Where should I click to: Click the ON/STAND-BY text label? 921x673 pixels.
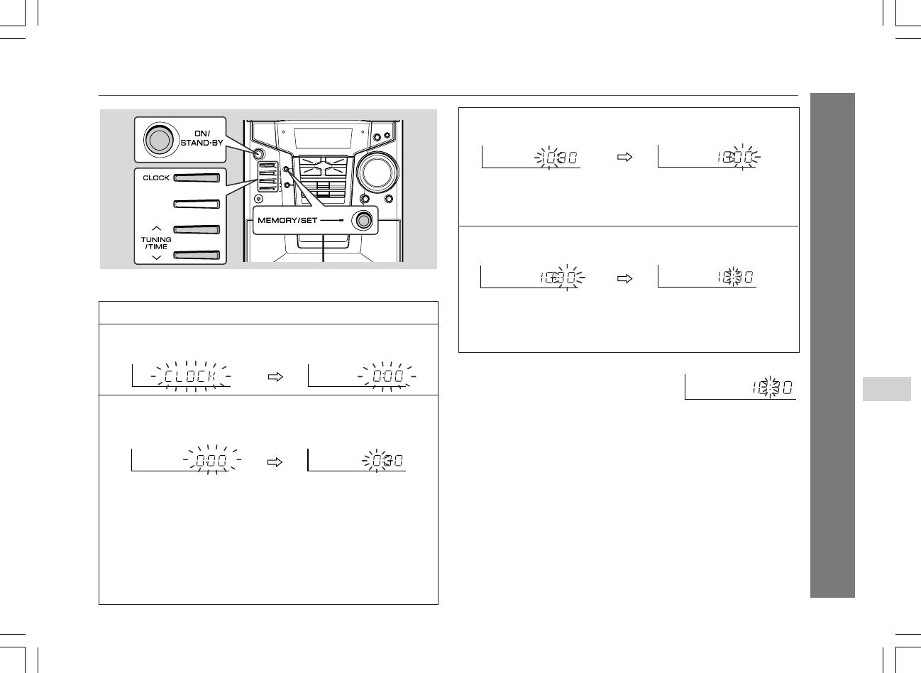[202, 138]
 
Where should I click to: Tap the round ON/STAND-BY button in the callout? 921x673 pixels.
[160, 141]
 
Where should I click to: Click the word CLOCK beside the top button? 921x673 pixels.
[156, 177]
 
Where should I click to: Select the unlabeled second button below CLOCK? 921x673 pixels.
[197, 204]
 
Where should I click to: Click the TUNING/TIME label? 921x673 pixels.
[156, 243]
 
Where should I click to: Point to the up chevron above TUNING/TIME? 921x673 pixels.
[157, 229]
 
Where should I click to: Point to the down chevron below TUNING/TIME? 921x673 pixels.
[157, 258]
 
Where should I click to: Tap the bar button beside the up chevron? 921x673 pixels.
[197, 229]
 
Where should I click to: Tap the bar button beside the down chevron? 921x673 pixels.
[197, 255]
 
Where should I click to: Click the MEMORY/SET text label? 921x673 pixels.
[287, 221]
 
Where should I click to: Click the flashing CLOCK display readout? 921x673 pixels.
[190, 376]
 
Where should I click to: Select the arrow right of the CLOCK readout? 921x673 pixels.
[275, 376]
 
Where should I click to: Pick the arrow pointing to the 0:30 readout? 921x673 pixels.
[275, 462]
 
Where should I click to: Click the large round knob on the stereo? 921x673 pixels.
[377, 173]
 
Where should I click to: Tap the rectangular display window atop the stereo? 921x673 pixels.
[323, 138]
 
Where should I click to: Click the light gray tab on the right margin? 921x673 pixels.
[887, 389]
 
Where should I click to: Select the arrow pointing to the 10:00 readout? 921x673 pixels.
[624, 157]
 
